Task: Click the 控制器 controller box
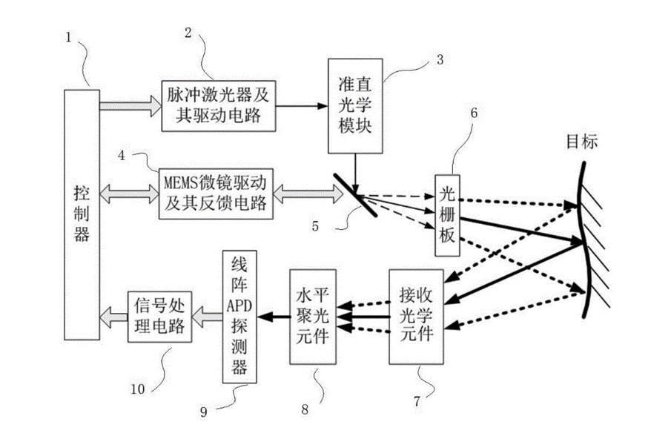coord(81,211)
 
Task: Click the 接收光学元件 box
coord(417,317)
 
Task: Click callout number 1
coord(69,36)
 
